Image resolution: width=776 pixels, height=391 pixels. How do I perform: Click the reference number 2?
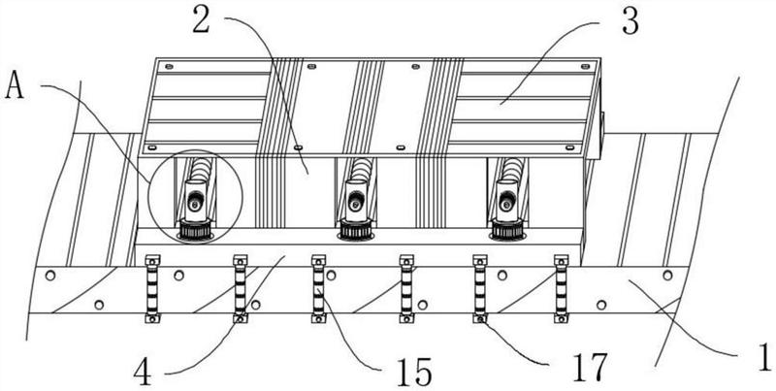[202, 18]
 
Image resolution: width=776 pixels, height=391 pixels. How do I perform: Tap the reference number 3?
[630, 20]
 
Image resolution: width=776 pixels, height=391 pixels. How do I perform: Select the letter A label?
[14, 86]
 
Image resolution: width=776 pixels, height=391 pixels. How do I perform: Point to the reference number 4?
[143, 373]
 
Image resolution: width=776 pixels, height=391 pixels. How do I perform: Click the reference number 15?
[415, 372]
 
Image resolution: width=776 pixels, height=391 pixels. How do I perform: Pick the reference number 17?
[590, 368]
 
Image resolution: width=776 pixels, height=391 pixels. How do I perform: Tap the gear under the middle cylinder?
[355, 230]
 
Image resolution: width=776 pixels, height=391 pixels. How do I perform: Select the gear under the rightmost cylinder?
[507, 230]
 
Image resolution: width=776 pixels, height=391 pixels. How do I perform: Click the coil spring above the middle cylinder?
[359, 169]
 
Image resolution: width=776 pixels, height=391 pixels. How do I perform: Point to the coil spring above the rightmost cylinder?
[510, 169]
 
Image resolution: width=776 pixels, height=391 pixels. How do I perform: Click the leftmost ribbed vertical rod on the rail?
[152, 288]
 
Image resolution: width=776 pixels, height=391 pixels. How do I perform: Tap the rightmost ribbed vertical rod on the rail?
[562, 288]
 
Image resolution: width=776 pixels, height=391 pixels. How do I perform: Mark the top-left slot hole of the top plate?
[169, 66]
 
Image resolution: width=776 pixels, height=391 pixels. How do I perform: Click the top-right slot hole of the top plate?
[586, 66]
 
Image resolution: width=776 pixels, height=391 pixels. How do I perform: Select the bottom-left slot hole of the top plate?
[152, 147]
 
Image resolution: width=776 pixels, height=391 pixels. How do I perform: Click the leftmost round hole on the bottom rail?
[50, 276]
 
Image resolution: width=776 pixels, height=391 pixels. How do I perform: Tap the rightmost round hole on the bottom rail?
[667, 276]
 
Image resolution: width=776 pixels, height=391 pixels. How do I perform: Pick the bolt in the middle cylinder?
[354, 203]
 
